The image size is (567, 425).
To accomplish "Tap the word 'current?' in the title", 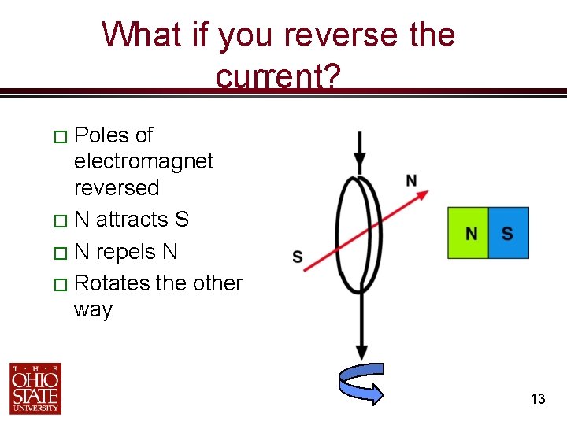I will coord(278,76).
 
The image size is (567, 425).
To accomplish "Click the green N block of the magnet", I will coord(469,233).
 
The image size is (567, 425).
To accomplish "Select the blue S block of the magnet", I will coord(508,233).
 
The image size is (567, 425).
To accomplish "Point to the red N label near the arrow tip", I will coord(411,181).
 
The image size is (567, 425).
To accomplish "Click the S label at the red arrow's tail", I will coord(298,257).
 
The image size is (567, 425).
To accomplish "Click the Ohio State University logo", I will coord(35,388).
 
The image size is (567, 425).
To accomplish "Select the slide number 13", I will coord(538,399).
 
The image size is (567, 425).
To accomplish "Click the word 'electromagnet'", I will coord(143,161).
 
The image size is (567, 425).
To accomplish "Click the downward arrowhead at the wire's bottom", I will coord(361,353).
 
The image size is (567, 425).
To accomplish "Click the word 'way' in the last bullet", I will coord(93,309).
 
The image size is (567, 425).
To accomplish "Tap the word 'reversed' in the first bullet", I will coord(116,188).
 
